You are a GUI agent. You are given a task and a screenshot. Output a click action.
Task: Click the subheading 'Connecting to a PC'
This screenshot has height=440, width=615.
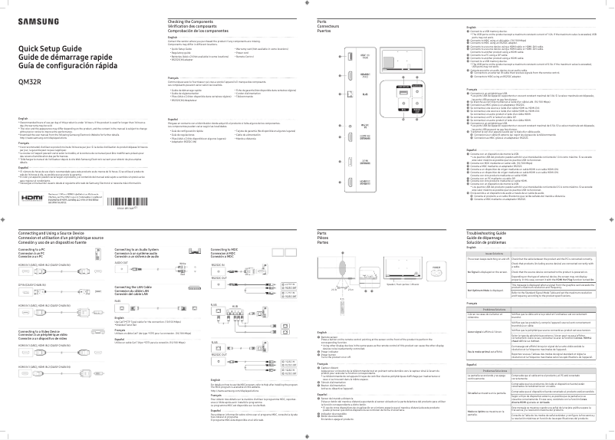pos(33,250)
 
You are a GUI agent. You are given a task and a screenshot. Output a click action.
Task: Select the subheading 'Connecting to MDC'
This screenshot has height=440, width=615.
pos(225,250)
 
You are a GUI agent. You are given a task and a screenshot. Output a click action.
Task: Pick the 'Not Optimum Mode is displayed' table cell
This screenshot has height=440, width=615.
pos(485,291)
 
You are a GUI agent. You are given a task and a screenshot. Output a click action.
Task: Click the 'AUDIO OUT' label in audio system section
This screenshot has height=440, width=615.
pos(121,262)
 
